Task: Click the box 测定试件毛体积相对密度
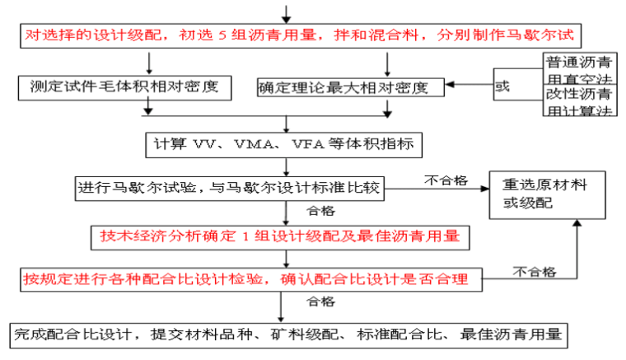(x=124, y=85)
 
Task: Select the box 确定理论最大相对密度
(x=349, y=85)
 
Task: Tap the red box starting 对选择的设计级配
(x=297, y=36)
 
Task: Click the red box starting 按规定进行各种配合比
(x=249, y=279)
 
